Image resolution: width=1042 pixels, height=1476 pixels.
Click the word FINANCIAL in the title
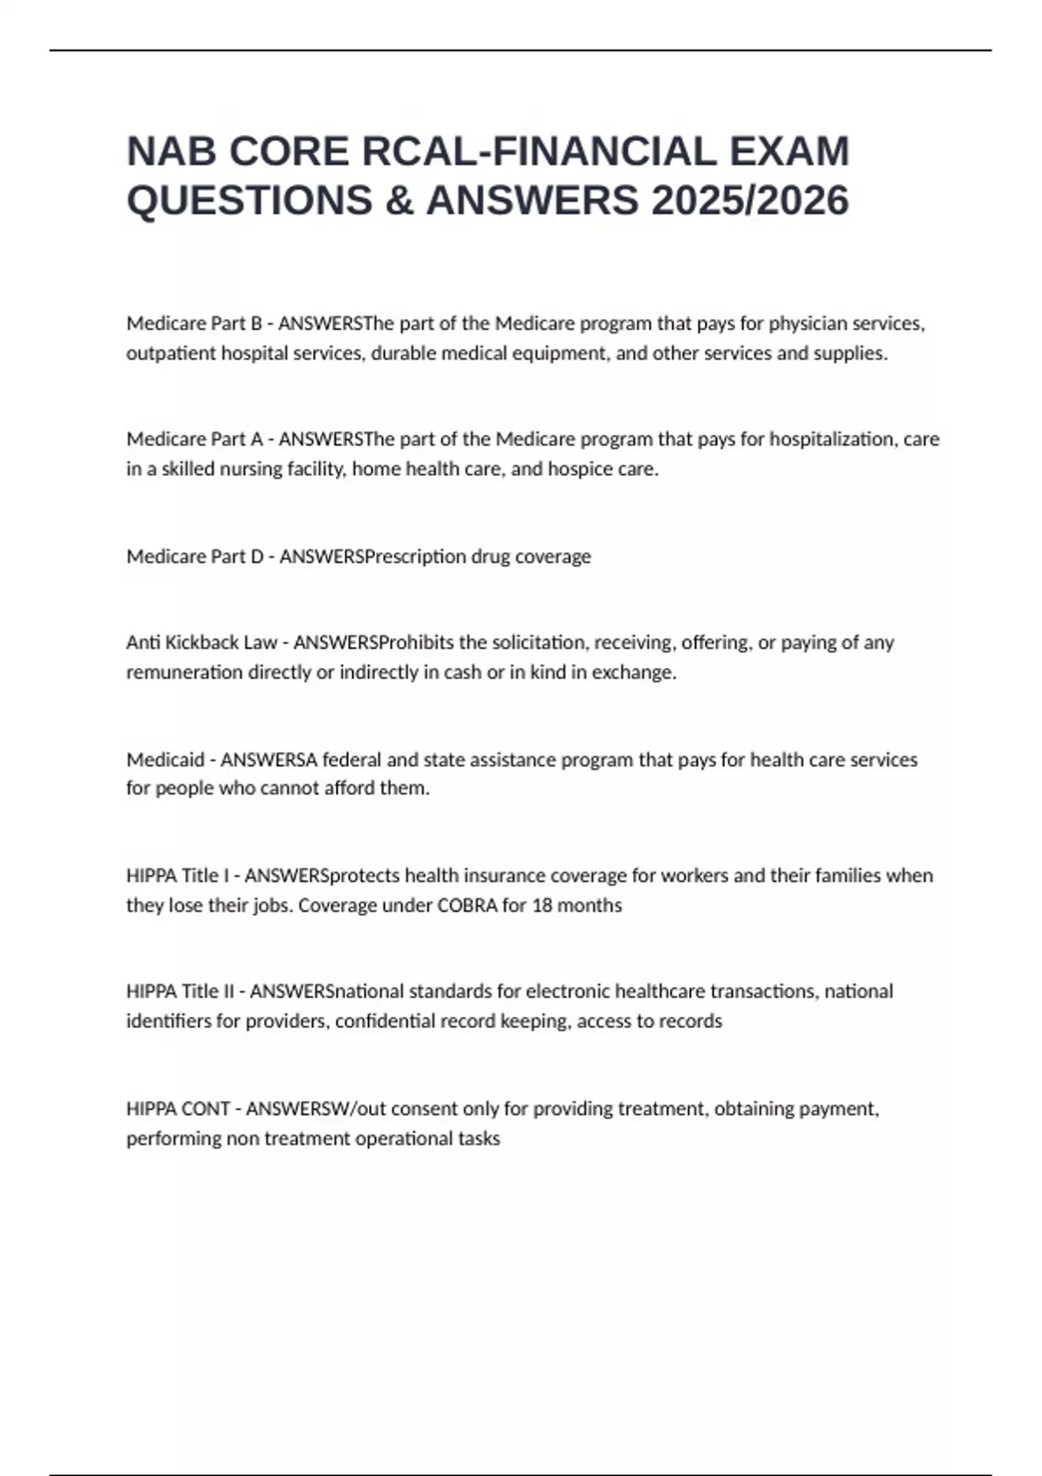604,151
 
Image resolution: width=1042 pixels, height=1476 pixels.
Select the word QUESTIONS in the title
250,201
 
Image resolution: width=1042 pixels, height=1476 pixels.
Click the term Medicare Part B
194,324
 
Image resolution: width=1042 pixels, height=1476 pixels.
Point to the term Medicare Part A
194,439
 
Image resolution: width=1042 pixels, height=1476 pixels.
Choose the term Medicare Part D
195,557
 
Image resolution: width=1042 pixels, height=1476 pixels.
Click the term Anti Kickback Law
201,642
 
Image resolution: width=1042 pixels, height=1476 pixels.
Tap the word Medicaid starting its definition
165,760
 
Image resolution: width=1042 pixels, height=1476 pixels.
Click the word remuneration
184,673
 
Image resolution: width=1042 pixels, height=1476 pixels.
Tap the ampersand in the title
399,201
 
